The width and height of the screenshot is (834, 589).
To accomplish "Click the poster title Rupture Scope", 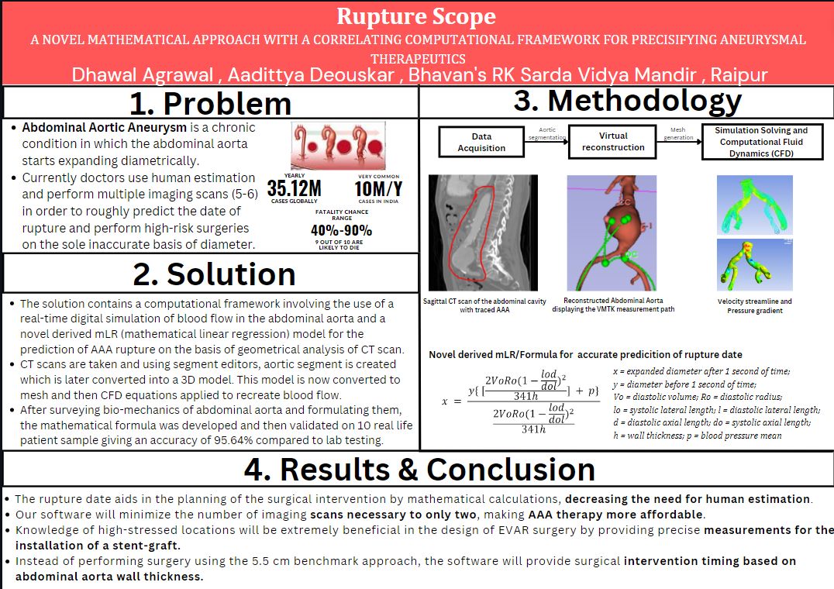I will click(416, 16).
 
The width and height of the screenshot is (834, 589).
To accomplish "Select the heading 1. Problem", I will click(210, 103).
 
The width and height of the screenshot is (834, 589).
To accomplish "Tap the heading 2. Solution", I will click(210, 274).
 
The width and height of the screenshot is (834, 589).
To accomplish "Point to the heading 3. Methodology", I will click(627, 101).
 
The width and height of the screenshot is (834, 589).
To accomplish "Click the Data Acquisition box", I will click(481, 142).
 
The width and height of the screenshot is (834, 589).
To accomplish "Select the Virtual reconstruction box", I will click(612, 141).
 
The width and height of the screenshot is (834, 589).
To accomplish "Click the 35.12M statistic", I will click(294, 188).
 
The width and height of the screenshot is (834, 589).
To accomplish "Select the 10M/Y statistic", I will click(377, 188).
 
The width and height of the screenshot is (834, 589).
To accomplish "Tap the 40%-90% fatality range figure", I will click(341, 230).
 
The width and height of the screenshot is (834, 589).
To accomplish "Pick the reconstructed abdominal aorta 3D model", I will click(612, 232).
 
